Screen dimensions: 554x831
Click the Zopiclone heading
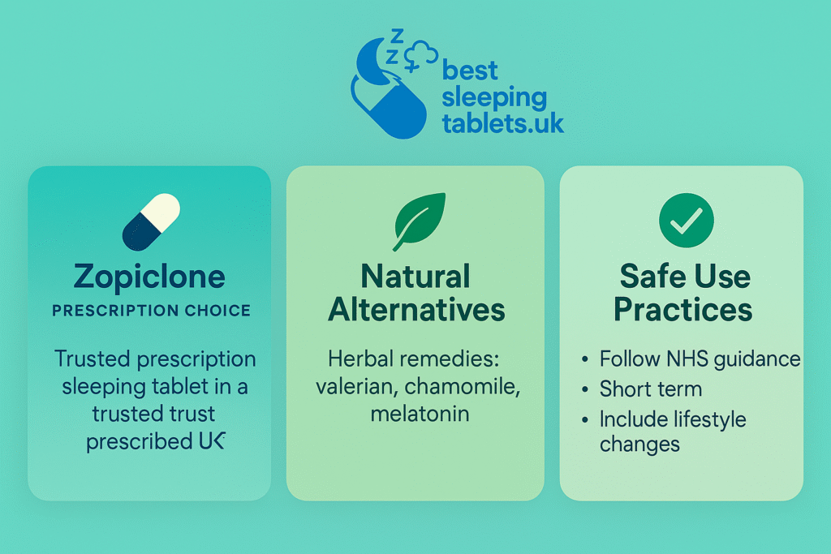point(149,277)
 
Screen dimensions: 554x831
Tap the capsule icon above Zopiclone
point(150,221)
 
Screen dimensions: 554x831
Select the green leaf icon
point(419,221)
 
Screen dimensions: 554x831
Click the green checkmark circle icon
point(686,219)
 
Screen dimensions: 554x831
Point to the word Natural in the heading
point(415,277)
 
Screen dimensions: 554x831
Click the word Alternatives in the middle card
point(416,310)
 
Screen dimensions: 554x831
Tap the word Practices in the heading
point(682,310)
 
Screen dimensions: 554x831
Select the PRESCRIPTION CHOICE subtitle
point(151,310)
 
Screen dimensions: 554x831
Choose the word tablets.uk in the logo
point(502,123)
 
